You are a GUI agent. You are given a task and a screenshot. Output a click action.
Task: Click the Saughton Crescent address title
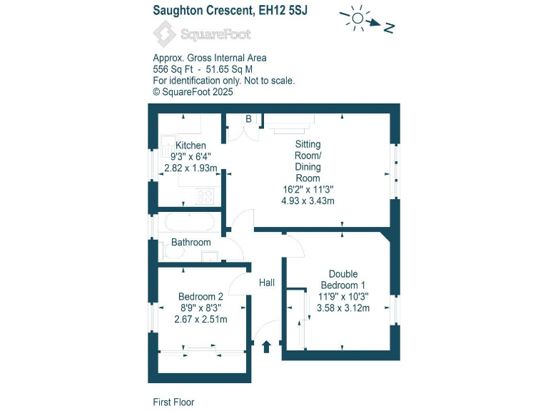pos(230,10)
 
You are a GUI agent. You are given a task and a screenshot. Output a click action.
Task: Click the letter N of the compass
pos(390,28)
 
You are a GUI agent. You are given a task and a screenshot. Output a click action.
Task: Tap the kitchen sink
pos(168,146)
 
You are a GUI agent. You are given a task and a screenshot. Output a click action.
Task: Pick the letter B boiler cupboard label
pos(248,118)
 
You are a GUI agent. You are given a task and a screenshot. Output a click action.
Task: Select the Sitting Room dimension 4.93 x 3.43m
pos(308,201)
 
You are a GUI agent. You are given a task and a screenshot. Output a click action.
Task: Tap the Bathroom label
pos(191,243)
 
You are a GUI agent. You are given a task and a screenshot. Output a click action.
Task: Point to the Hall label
pos(267,283)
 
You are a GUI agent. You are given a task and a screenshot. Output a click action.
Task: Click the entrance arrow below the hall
pos(267,347)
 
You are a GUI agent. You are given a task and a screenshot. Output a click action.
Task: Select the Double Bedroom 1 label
pos(342,280)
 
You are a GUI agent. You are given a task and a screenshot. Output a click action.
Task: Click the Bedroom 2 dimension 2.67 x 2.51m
pos(201,319)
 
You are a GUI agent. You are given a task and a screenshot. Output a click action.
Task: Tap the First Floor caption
pos(173,402)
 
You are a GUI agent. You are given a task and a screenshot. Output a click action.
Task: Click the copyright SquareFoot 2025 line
pos(193,92)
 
